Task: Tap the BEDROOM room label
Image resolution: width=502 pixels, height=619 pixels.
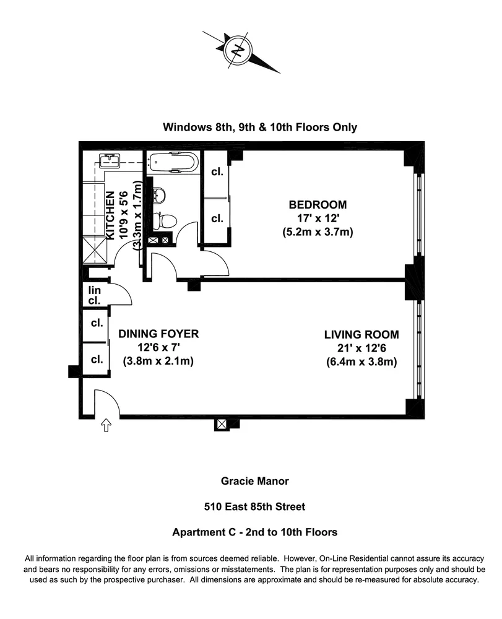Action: [318, 204]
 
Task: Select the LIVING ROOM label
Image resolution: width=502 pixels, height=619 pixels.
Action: [361, 334]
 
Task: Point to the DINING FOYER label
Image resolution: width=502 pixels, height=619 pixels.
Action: [158, 334]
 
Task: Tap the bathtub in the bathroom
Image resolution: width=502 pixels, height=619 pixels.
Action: [173, 163]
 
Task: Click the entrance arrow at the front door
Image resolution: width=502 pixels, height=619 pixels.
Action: [106, 426]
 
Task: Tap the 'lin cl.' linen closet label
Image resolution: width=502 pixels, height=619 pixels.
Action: [94, 295]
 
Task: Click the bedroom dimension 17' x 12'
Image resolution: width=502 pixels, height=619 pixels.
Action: [318, 219]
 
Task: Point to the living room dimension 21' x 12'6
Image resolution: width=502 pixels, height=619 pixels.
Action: [361, 348]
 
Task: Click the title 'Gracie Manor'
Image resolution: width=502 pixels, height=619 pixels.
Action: [254, 480]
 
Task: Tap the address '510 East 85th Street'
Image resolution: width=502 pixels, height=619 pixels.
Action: [254, 506]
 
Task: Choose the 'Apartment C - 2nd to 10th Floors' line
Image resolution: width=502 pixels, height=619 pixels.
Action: [254, 532]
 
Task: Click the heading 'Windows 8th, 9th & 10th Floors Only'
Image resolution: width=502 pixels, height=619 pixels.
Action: [259, 128]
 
